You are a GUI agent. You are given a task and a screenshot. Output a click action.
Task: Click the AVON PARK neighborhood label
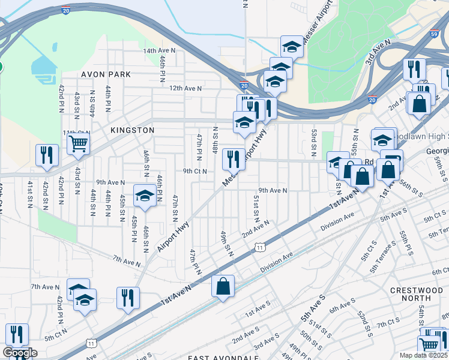click(106, 74)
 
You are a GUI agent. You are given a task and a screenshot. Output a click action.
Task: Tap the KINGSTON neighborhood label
click(132, 130)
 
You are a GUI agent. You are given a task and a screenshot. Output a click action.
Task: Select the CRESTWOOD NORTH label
click(416, 294)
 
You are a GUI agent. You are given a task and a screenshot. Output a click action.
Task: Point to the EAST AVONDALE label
click(223, 358)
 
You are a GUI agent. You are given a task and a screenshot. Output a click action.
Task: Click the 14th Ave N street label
click(159, 51)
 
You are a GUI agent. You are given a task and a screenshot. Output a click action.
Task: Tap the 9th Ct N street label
click(195, 171)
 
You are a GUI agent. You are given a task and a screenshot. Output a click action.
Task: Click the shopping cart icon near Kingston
click(78, 143)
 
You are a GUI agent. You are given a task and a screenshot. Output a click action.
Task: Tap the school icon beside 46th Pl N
click(145, 196)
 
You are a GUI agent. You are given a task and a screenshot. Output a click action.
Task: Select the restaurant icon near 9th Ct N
click(234, 159)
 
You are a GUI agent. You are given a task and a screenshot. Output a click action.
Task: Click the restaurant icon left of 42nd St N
click(47, 155)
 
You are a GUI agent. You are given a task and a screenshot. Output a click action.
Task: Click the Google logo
click(20, 352)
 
